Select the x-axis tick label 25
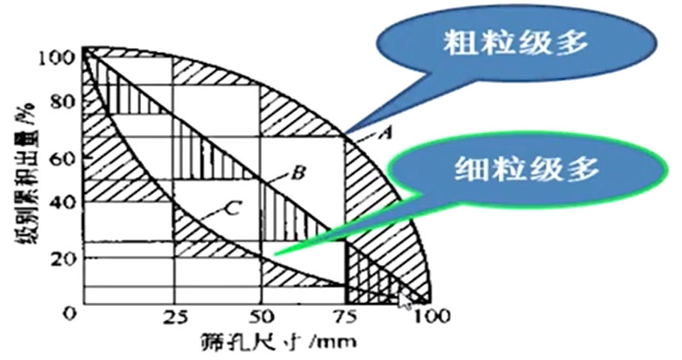point(174,316)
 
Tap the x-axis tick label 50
point(260,316)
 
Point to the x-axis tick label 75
point(345,316)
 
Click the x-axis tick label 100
point(430,316)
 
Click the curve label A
point(386,134)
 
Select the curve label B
point(297,174)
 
